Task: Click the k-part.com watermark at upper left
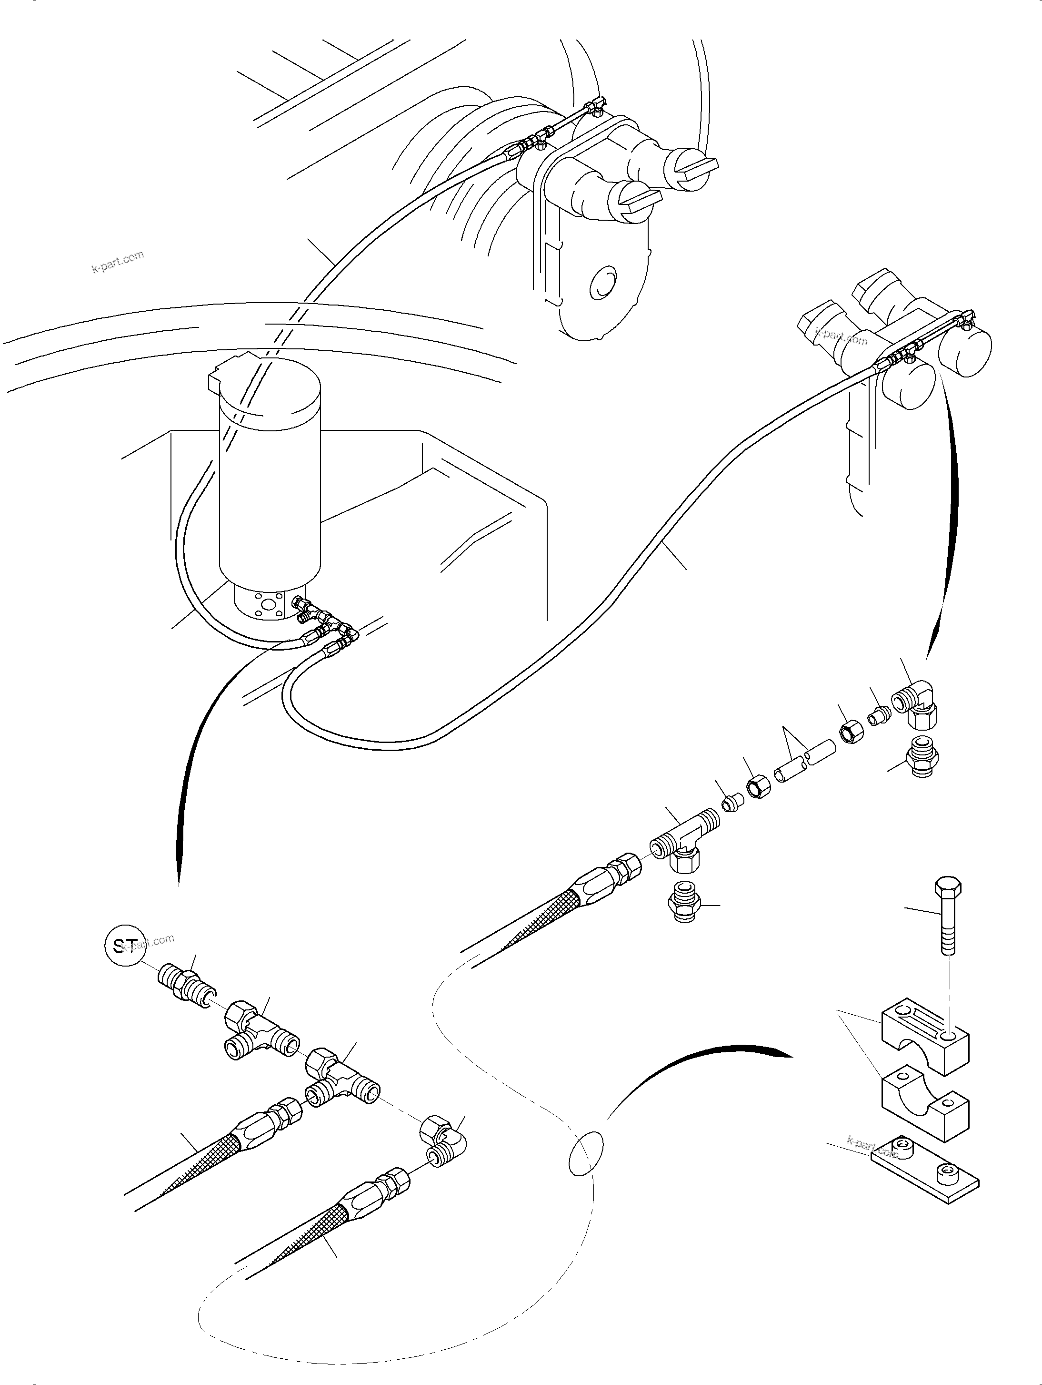118,262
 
